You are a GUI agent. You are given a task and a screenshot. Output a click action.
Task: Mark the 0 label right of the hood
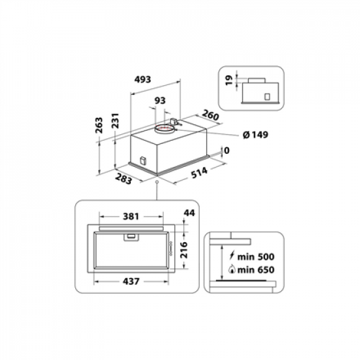pyautogui.click(x=226, y=151)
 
